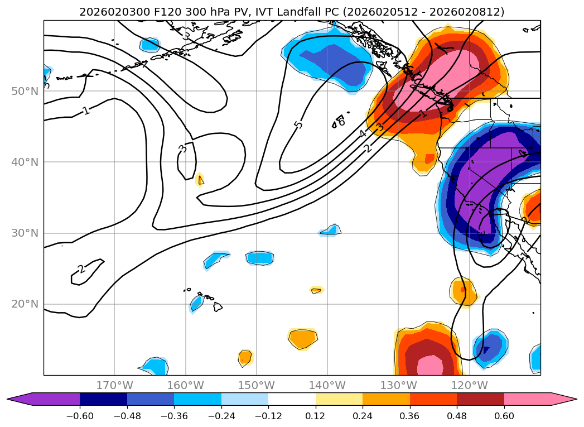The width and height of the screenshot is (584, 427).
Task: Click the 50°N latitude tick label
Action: [25, 91]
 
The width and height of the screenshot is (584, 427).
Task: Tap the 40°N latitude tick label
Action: [25, 162]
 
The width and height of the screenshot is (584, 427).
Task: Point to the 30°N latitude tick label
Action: [25, 233]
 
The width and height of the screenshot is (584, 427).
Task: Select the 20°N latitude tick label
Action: [25, 304]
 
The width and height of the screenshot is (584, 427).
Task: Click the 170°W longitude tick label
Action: [114, 385]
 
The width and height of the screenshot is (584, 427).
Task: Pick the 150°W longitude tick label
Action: [257, 385]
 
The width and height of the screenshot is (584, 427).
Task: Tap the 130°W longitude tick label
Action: [399, 385]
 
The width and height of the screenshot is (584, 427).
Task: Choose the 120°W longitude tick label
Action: [470, 385]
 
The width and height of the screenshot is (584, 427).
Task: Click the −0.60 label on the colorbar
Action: [79, 416]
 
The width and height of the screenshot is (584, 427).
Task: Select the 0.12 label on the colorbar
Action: [315, 416]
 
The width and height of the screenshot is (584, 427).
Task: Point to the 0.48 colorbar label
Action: [457, 416]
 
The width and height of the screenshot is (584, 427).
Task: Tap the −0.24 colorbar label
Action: [221, 416]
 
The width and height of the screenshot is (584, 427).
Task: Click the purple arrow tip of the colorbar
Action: [17, 399]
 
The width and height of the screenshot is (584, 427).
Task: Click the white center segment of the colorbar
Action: [292, 399]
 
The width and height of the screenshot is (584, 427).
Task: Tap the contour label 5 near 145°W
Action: [298, 124]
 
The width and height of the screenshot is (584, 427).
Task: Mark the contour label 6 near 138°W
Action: [341, 122]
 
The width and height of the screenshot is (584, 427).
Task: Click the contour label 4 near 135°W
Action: [363, 134]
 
